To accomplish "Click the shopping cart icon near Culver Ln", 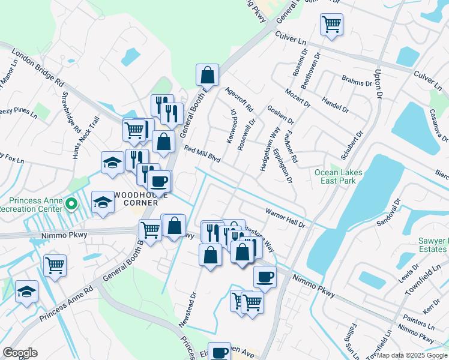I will (x=331, y=25).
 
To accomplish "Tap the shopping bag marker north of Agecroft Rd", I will (x=206, y=75).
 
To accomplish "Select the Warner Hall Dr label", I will (x=286, y=217).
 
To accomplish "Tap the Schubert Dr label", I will (x=352, y=145).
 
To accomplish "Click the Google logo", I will (x=20, y=352).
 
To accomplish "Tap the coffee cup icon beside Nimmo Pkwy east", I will (x=265, y=277).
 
